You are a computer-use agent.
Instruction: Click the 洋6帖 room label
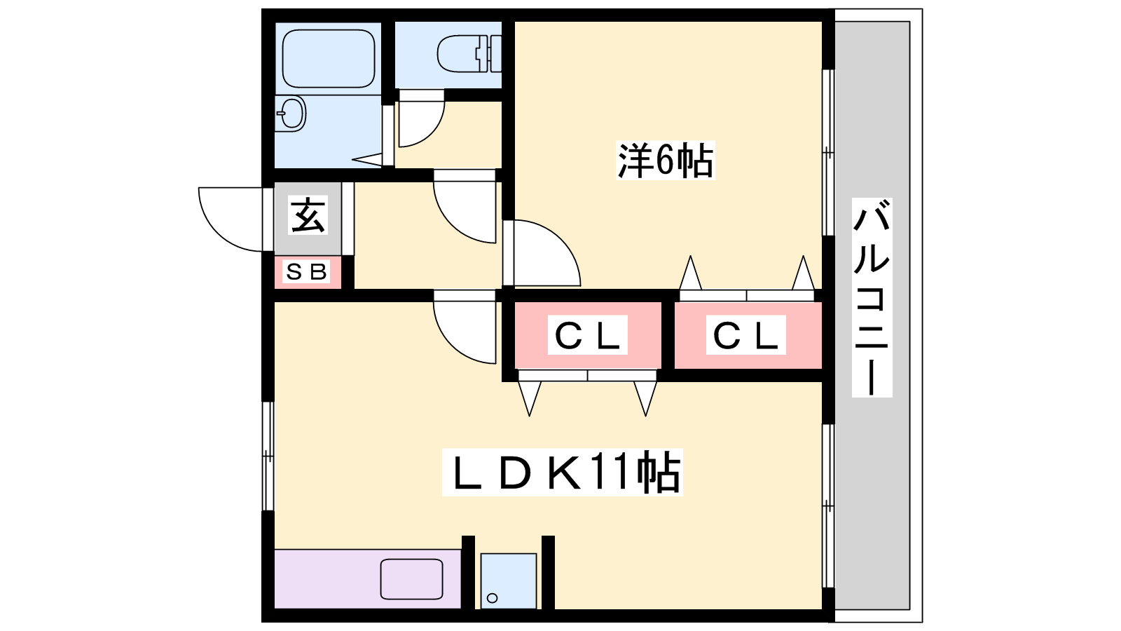pyautogui.click(x=665, y=161)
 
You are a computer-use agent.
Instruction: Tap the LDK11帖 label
pyautogui.click(x=562, y=473)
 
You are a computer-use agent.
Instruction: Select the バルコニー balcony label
pyautogui.click(x=872, y=297)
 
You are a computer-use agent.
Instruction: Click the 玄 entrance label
pyautogui.click(x=308, y=215)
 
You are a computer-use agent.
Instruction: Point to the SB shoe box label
pyautogui.click(x=306, y=272)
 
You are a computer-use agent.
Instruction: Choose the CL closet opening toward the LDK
pyautogui.click(x=588, y=335)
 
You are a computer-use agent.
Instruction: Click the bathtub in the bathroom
pyautogui.click(x=329, y=59)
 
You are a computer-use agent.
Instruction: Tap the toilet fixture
pyautogui.click(x=469, y=53)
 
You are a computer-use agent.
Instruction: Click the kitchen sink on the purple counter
pyautogui.click(x=411, y=579)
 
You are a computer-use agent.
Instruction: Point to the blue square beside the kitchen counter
pyautogui.click(x=509, y=581)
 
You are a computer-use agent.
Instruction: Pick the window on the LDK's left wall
pyautogui.click(x=269, y=456)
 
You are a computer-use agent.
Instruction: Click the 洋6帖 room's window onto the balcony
pyautogui.click(x=828, y=152)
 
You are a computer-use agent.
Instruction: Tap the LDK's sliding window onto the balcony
pyautogui.click(x=828, y=506)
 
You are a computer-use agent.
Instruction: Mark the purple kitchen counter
pyautogui.click(x=368, y=579)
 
